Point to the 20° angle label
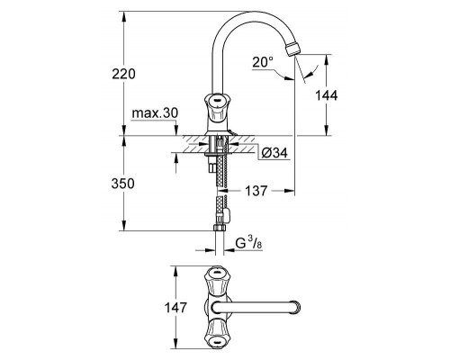[262, 63]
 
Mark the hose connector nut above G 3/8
[221, 215]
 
